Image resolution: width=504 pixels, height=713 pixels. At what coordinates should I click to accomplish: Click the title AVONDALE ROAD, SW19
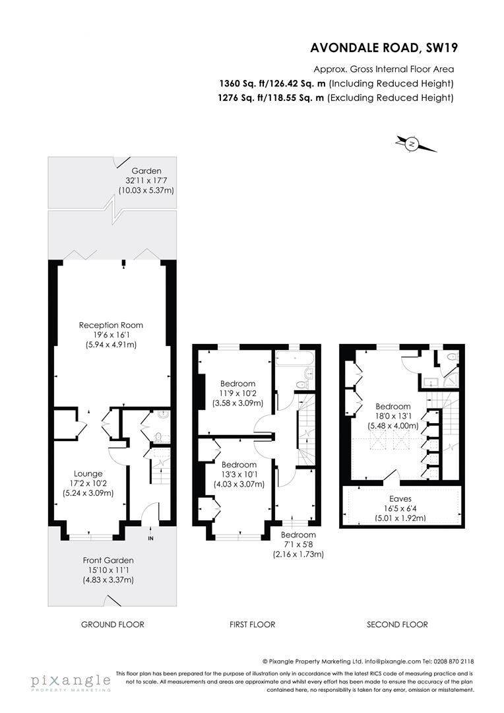pos(383,48)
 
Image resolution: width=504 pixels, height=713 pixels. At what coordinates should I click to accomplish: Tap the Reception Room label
pos(111,325)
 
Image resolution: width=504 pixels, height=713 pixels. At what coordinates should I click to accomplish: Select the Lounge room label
pos(88,474)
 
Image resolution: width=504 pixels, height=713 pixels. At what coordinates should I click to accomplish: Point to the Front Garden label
pos(108,560)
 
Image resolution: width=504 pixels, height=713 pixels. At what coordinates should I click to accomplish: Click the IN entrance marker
pos(151,539)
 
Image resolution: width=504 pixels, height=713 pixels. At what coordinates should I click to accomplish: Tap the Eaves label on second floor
pos(400,499)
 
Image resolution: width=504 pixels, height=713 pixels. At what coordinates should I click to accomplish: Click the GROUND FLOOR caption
pos(113,625)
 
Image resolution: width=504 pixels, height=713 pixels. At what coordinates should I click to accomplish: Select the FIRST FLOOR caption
pos(252,625)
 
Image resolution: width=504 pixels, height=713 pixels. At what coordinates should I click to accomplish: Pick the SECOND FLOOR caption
pos(397,625)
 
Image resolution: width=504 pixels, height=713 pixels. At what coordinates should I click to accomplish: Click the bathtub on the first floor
pos(294,358)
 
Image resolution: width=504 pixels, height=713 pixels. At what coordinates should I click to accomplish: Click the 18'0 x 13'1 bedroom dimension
pos(393,416)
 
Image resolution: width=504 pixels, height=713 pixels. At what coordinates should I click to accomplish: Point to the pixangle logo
pos(71,682)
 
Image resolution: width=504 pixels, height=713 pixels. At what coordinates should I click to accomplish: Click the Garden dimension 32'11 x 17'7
pos(146,180)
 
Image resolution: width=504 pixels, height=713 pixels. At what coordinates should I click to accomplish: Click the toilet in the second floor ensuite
pos(451,357)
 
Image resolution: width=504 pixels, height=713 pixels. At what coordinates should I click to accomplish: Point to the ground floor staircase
pos(160,471)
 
